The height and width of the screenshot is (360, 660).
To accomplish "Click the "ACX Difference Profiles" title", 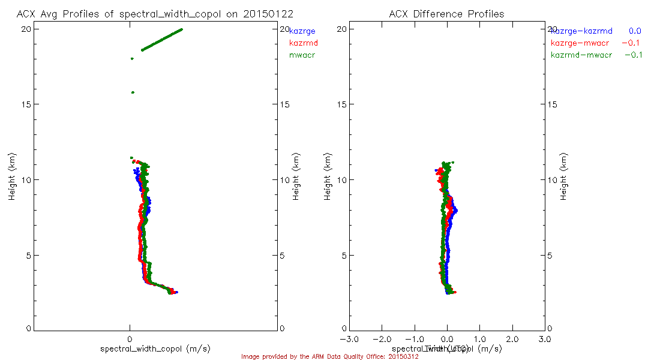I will (x=446, y=13).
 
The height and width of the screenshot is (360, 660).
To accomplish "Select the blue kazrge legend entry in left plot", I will (x=302, y=31).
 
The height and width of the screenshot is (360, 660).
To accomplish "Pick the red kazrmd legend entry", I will (x=303, y=43).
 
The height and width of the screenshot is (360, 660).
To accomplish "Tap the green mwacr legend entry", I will (x=302, y=55).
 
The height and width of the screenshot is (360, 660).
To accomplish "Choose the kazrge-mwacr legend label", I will (x=580, y=43).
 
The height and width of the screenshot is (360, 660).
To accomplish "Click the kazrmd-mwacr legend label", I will (x=581, y=55).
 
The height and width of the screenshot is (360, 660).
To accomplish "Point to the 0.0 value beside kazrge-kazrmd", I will (x=635, y=31).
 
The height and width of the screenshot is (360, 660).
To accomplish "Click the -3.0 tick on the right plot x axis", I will (x=349, y=340).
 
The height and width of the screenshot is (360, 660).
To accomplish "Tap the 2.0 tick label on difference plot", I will (x=512, y=340).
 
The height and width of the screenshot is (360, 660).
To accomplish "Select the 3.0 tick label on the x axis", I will (x=545, y=340).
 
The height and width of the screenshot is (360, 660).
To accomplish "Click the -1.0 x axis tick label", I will (x=415, y=340).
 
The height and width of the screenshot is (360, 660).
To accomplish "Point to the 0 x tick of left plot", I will (x=130, y=340).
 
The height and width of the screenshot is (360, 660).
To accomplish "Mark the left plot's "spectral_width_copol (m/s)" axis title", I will (x=155, y=349).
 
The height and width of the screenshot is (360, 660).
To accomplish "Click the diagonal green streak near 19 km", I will (x=162, y=40).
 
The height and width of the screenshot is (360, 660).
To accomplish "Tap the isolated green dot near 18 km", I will (x=132, y=59).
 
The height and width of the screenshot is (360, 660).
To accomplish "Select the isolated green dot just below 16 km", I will (x=133, y=92).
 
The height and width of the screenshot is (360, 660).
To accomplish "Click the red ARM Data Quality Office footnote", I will (x=329, y=356).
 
